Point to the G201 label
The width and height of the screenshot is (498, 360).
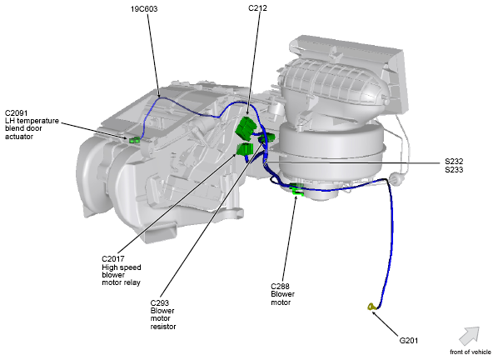(x=410, y=340)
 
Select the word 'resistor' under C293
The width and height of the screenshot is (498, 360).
(x=163, y=327)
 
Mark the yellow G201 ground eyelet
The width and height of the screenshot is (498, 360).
(x=370, y=309)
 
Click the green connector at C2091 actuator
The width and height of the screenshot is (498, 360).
(x=133, y=140)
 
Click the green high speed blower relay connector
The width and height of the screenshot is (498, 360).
(x=245, y=150)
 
